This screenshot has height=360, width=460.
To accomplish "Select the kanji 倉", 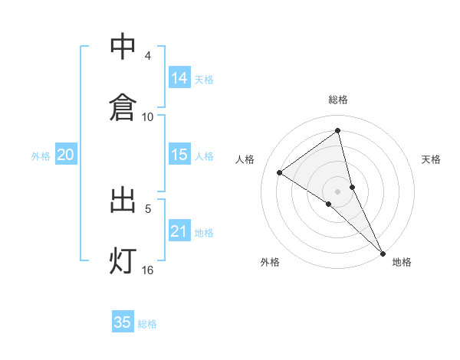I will [123, 106].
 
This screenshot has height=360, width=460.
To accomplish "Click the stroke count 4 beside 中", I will [148, 56].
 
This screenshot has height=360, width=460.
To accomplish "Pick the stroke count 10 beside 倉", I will [148, 116].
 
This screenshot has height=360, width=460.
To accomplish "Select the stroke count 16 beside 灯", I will [148, 270].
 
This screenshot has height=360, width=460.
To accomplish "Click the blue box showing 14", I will [179, 78].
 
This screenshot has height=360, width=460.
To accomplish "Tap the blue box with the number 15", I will [179, 155].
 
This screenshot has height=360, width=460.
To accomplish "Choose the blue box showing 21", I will [179, 231].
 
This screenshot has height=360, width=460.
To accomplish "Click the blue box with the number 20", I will [65, 155].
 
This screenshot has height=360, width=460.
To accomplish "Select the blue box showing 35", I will [123, 322].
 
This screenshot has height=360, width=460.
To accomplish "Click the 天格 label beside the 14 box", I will [204, 80].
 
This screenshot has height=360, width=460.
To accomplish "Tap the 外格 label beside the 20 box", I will [41, 156].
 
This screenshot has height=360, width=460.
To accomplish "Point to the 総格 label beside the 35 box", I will [147, 324].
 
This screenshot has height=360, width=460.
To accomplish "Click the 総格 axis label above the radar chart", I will [338, 100].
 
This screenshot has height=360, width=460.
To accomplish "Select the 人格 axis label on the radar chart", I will [245, 159].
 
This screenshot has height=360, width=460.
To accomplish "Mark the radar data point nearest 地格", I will [382, 252].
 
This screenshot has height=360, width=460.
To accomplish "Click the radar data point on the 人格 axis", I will [279, 172].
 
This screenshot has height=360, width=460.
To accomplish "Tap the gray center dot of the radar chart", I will [338, 191].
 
